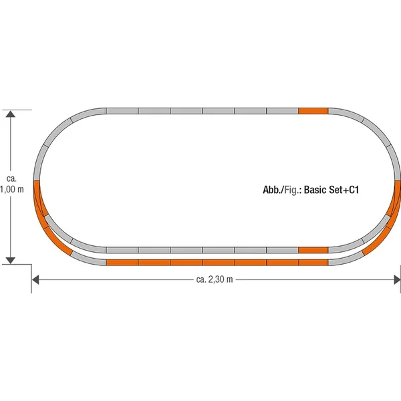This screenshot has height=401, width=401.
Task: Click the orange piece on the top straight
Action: coord(313,111)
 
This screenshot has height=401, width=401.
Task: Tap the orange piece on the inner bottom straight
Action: coord(313,250)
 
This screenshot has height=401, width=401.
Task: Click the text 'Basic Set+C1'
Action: coord(331,190)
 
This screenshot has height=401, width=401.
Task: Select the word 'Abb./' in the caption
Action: coord(273,190)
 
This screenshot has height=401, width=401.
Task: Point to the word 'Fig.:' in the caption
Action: coord(293,190)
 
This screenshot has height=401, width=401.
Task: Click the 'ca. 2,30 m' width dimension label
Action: coord(215,279)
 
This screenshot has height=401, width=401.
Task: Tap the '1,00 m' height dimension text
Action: coord(12,190)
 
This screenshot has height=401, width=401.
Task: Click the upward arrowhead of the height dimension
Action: coord(11,114)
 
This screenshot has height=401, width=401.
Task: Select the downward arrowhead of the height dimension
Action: coord(11,261)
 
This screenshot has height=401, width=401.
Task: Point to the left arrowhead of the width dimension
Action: coord(35,280)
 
